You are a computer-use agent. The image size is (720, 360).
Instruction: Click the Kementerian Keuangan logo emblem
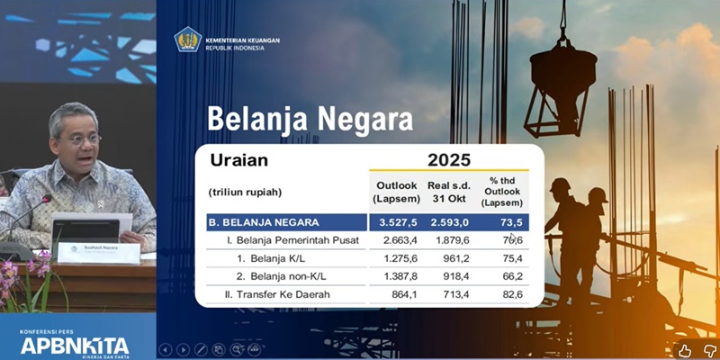[188, 39]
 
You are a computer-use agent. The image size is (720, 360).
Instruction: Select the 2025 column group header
[447, 160]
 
